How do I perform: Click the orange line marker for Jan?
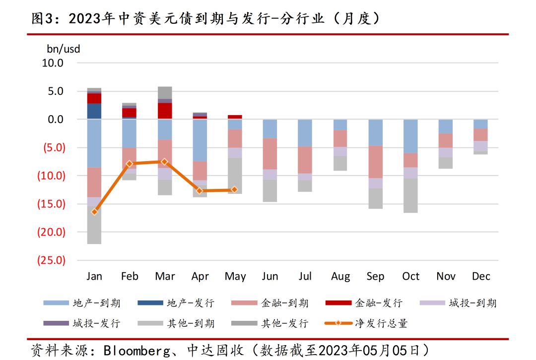[94, 212]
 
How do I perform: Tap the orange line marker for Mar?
[165, 162]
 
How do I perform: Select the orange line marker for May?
[235, 189]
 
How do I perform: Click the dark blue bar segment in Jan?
[94, 111]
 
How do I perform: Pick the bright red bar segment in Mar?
[165, 111]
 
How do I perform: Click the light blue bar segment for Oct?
[410, 136]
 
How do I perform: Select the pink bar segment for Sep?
[375, 162]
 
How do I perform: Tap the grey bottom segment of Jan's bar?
[94, 225]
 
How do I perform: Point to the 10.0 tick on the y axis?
[53, 63]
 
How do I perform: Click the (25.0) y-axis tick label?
[51, 260]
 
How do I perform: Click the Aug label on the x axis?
[340, 277]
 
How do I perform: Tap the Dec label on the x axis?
[481, 277]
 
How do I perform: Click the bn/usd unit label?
[63, 49]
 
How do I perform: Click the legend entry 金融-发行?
[379, 303]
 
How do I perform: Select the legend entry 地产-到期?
[96, 303]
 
